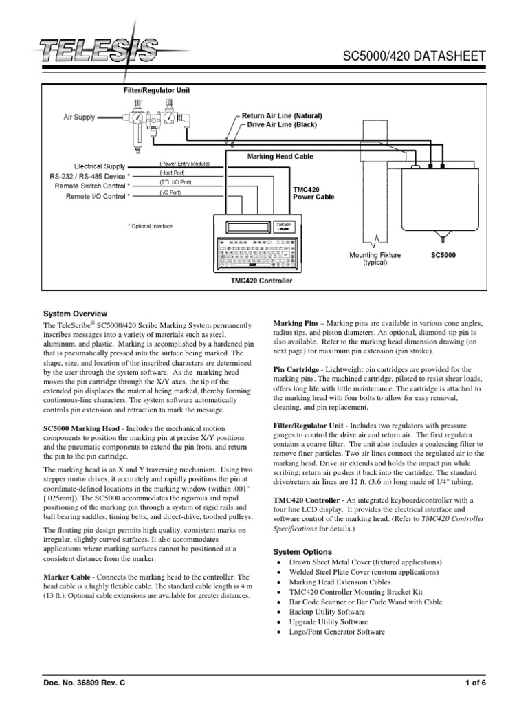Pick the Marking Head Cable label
coord(280,157)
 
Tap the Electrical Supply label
coord(100,166)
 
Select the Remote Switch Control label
coord(96,186)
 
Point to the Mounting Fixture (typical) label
coord(375,259)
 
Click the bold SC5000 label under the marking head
coord(443,255)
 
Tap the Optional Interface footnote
coord(151,226)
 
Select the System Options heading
coord(302,551)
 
